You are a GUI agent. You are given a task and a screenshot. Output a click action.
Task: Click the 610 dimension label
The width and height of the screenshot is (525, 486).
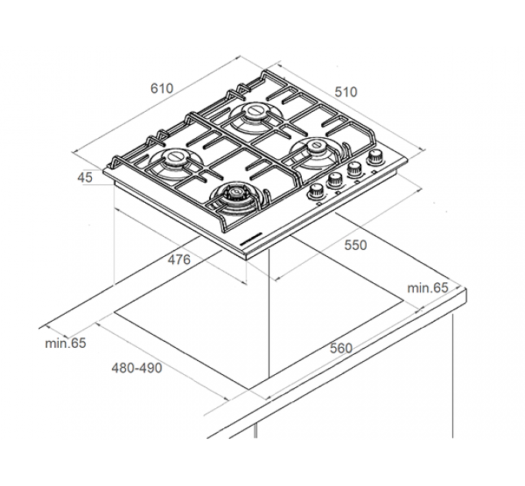point(161,88)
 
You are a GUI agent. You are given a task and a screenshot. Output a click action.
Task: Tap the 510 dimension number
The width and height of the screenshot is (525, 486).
point(346,92)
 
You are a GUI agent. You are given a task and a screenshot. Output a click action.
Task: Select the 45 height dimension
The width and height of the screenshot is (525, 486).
point(85,177)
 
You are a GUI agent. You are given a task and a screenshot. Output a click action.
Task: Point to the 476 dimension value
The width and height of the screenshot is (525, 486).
point(179,259)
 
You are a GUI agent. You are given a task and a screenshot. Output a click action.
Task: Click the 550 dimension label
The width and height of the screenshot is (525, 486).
point(356,245)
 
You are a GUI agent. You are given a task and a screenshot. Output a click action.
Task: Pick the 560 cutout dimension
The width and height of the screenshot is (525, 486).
point(341,348)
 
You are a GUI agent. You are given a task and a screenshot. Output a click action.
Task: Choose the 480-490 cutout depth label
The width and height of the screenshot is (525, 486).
point(137,368)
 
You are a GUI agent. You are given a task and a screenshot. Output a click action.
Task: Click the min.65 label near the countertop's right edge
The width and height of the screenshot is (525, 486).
point(428,288)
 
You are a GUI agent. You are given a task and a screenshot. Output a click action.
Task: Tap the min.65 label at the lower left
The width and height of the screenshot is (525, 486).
point(66,343)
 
